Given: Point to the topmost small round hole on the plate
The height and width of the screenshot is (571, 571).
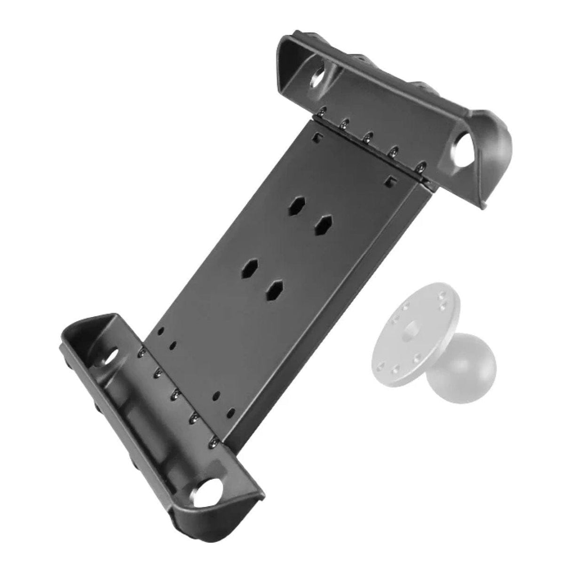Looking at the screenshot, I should [x=161, y=330].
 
